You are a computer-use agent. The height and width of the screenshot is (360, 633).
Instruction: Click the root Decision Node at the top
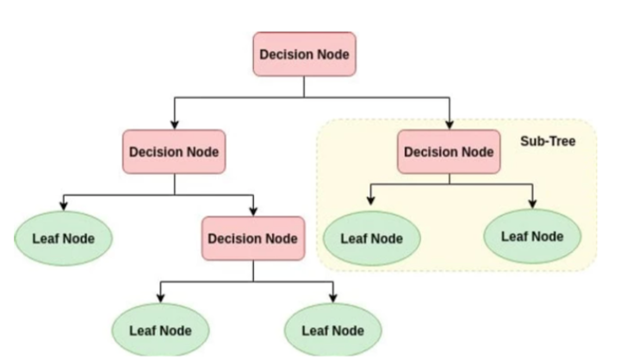coord(304,54)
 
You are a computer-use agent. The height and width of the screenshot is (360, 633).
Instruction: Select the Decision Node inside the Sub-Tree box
coord(449,152)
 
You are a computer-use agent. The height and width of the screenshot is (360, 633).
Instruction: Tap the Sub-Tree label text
coord(547,140)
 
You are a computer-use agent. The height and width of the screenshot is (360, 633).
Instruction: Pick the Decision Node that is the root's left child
coord(174,152)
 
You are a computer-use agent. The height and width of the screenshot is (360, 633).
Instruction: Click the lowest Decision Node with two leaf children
coord(253,238)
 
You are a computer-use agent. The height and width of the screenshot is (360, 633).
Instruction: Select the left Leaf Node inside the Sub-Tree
coord(371,237)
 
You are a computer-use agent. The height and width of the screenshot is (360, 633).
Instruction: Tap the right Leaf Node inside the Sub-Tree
coord(531,236)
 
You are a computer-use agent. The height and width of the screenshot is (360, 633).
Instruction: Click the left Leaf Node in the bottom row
coord(160,330)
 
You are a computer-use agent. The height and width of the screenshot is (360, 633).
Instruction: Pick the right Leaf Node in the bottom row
coord(332,330)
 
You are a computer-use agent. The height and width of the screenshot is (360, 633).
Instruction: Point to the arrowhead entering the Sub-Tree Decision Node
coord(449,125)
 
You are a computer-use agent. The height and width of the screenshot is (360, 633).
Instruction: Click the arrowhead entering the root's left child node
coord(174,125)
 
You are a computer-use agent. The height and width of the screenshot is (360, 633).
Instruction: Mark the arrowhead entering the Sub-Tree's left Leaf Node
coord(371,202)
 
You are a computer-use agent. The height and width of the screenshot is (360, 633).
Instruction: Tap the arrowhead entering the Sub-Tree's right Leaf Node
coord(531,202)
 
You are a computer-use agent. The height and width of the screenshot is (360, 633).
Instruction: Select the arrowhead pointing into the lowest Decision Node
coord(253,211)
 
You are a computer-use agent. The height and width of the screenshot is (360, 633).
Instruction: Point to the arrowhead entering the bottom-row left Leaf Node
coord(160,298)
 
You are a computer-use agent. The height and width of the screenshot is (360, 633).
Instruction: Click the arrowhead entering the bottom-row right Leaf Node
coord(332,298)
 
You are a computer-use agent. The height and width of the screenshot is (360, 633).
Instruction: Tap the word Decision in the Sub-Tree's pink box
coord(430,152)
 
